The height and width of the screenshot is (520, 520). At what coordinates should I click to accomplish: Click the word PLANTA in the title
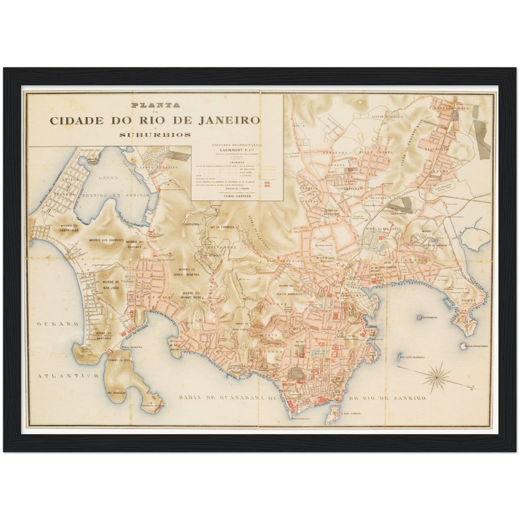(155, 105)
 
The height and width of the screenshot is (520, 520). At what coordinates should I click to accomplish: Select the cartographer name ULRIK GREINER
(237, 196)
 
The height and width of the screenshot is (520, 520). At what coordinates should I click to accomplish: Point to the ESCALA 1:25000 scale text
(237, 188)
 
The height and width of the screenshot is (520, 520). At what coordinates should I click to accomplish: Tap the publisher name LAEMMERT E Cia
(237, 150)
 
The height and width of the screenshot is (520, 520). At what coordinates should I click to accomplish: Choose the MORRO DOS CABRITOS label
(107, 240)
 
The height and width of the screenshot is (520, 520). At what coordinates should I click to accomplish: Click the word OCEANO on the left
(58, 324)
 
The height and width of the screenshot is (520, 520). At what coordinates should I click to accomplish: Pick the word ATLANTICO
(68, 376)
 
